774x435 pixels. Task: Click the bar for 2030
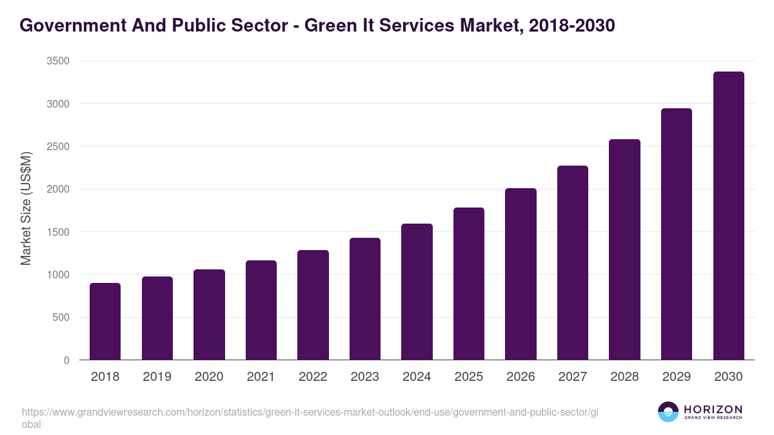729,215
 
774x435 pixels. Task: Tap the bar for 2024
417,291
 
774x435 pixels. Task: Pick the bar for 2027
573,262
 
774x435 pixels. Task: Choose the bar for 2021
261,310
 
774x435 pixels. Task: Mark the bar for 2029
677,234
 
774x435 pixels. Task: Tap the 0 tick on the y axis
66,360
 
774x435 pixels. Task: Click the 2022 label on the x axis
313,377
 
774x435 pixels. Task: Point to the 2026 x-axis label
521,377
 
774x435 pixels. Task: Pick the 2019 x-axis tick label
157,377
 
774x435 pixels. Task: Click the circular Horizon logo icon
668,412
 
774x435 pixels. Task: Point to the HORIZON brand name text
713,409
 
